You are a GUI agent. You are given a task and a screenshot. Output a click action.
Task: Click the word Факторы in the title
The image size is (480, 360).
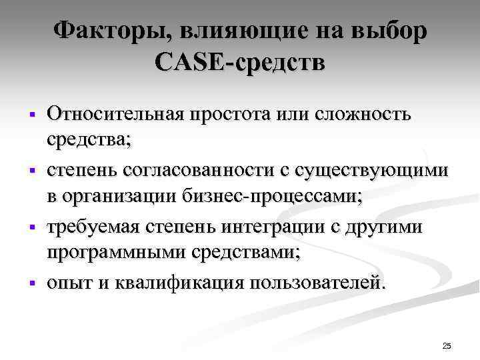(x=99, y=31)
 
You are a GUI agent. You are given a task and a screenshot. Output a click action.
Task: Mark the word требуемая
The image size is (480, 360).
(x=91, y=227)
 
